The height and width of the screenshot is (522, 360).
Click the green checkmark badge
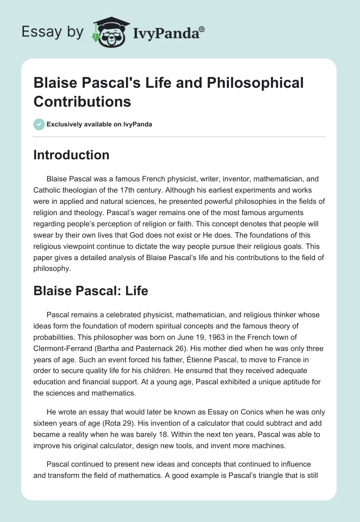click(x=39, y=124)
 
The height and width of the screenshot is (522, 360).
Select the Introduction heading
click(x=71, y=155)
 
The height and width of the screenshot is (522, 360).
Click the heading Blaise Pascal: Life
click(x=90, y=291)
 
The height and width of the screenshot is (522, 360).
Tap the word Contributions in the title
click(x=82, y=102)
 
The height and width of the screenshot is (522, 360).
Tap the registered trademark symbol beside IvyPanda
click(x=202, y=29)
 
